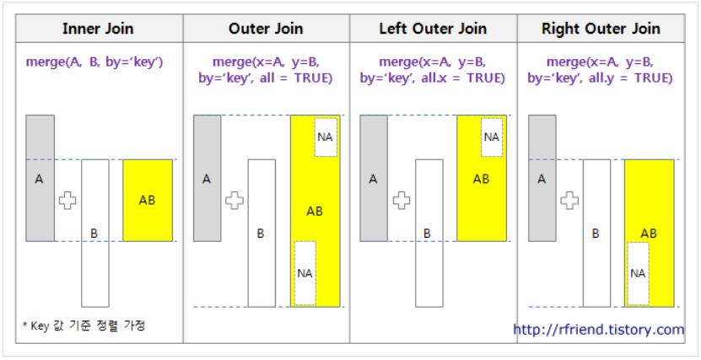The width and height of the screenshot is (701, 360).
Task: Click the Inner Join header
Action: tap(99, 29)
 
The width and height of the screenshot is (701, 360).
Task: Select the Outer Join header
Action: tap(267, 29)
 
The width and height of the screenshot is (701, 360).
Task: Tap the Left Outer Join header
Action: tap(433, 29)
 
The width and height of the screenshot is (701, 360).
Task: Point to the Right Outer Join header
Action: tap(601, 29)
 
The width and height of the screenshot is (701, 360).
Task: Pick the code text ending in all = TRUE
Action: tap(267, 72)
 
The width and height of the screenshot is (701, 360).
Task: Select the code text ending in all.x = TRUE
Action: tap(433, 72)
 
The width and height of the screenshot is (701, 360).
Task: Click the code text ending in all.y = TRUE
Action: tap(601, 72)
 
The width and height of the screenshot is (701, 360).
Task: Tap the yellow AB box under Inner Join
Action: tap(148, 200)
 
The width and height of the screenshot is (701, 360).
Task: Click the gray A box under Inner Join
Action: tap(40, 179)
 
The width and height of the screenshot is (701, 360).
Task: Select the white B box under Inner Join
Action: tap(95, 232)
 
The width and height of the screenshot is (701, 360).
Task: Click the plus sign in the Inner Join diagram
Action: tap(67, 200)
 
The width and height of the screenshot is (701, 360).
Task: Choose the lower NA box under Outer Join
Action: tap(305, 272)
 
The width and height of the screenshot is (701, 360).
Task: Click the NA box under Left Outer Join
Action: tap(492, 137)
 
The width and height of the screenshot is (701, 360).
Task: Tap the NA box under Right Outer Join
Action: tap(639, 272)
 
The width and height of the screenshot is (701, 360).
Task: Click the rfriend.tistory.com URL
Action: tap(599, 330)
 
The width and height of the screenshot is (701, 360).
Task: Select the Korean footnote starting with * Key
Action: tap(84, 325)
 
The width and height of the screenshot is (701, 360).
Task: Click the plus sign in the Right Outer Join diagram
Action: tap(570, 200)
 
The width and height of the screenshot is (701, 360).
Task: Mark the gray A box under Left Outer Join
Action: tap(374, 179)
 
